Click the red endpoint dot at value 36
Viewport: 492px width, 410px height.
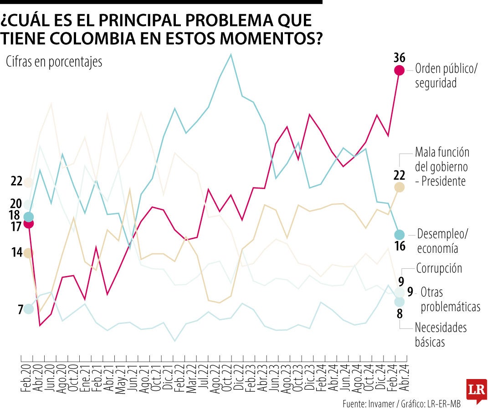pos(399,70)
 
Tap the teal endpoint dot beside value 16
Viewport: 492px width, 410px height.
pos(399,235)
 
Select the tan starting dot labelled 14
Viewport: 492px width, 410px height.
pos(28,253)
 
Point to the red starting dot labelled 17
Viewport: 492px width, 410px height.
pos(28,223)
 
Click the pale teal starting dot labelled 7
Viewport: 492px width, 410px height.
pos(28,309)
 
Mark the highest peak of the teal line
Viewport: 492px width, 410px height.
pos(231,55)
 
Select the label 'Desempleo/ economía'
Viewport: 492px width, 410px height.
pos(442,241)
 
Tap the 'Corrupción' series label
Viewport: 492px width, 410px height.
pos(439,268)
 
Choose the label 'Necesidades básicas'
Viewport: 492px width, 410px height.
pos(440,334)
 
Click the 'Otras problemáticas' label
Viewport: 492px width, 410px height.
pos(450,299)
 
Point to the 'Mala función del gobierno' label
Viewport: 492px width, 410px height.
pos(441,166)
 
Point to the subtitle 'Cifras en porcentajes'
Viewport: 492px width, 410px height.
pos(54,62)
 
